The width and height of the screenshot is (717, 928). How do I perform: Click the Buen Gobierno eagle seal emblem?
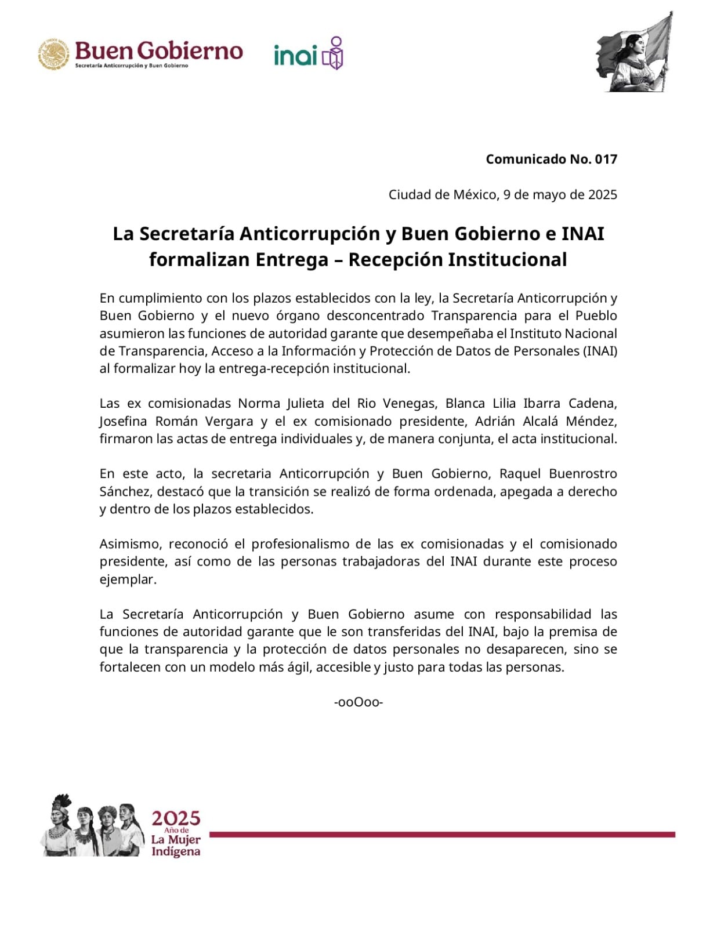point(54,55)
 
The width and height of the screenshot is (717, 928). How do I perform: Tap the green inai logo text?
point(295,56)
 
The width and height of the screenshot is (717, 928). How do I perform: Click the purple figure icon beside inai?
point(334,53)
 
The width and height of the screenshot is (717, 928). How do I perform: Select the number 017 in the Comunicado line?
point(606,159)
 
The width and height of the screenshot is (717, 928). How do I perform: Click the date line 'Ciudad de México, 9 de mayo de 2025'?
point(502,194)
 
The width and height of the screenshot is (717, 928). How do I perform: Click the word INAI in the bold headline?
point(582,234)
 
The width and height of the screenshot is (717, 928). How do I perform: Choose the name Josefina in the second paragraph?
point(123,421)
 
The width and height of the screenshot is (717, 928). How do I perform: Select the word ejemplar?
point(128,579)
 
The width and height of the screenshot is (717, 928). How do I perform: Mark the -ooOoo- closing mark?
point(358,702)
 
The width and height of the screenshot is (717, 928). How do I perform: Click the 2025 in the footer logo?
point(176,818)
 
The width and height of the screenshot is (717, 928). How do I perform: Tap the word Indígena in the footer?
point(176,851)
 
